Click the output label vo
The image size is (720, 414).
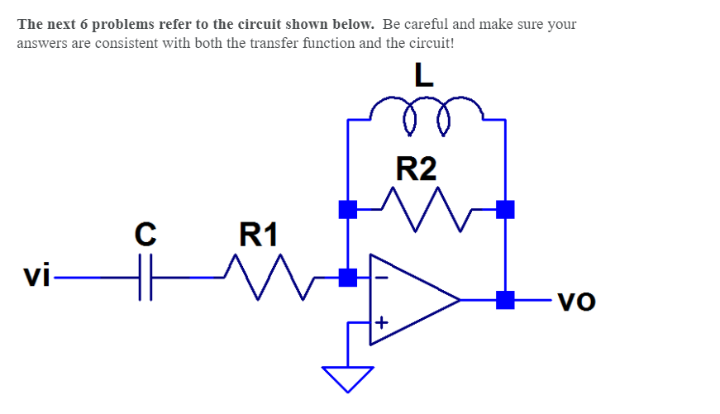point(576,302)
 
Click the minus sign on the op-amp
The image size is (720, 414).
point(380,278)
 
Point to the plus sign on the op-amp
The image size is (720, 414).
point(381,321)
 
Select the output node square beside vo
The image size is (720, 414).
point(505,300)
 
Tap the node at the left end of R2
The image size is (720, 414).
point(348,209)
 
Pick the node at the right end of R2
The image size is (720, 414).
point(505,209)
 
